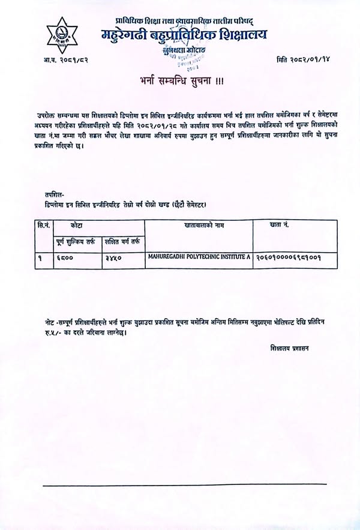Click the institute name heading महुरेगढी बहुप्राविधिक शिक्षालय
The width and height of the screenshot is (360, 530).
click(184, 35)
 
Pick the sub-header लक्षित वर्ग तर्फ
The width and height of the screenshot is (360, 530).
click(123, 242)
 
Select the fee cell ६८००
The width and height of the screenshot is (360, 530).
click(61, 257)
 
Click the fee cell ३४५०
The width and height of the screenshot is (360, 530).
click(113, 257)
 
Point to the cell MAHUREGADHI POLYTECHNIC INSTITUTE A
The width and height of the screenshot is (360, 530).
click(199, 256)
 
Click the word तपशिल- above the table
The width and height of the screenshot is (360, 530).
click(52, 194)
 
